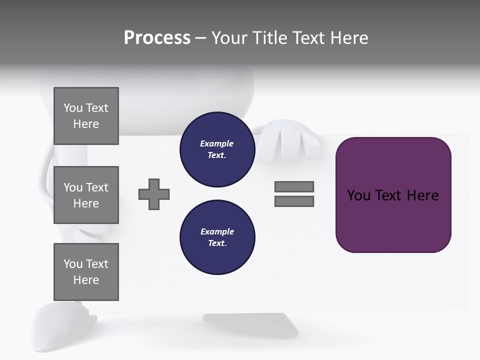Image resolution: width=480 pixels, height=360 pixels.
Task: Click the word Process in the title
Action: tap(157, 38)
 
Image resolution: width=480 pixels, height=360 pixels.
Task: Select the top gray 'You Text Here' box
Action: tap(86, 116)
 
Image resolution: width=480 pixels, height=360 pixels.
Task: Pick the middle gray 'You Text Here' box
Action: tap(86, 195)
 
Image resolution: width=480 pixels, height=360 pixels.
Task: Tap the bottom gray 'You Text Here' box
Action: tap(86, 272)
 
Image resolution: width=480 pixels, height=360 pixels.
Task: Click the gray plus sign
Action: tap(154, 194)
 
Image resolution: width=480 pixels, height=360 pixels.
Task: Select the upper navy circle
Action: tap(217, 149)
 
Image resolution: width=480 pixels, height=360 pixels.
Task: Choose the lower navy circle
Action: tap(217, 237)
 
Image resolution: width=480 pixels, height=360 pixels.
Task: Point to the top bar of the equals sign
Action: tap(294, 186)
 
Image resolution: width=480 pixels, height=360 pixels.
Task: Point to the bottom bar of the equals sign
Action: tap(294, 201)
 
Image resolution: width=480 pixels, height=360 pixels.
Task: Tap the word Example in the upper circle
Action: tap(217, 143)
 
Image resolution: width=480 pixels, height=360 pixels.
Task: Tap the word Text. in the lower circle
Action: tap(217, 243)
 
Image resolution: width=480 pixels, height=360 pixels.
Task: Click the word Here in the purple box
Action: tap(422, 195)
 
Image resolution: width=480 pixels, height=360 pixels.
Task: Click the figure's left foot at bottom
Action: tap(65, 325)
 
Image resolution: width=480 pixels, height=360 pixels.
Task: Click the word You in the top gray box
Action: tap(72, 108)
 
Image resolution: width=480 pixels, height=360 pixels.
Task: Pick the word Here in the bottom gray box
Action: tap(86, 280)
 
